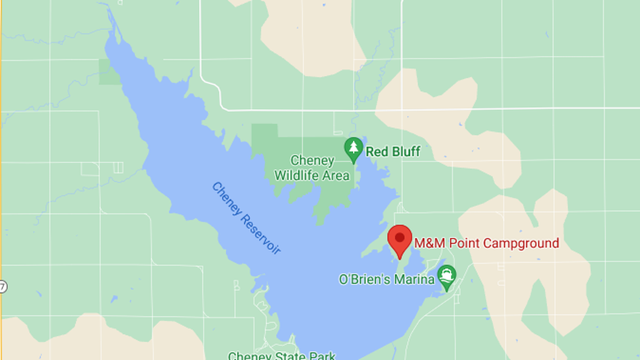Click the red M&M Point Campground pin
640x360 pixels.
(400, 239)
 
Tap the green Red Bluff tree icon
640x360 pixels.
(353, 149)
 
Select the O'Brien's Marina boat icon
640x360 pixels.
(447, 276)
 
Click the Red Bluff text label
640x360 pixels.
(393, 152)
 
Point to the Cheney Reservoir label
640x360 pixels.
(246, 218)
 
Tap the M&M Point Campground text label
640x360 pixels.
(486, 243)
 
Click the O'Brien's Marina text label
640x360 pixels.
(387, 279)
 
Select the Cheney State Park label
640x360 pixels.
(281, 356)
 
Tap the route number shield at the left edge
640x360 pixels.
(3, 286)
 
